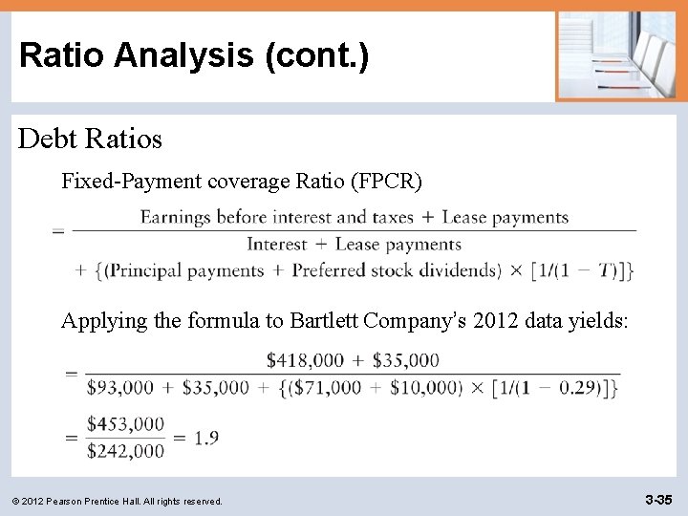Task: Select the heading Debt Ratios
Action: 91,139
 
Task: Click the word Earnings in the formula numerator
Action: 176,218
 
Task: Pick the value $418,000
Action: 305,360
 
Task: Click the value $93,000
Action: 119,388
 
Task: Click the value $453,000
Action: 125,424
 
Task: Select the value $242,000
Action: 125,451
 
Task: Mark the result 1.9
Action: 205,438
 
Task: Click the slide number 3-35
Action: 659,499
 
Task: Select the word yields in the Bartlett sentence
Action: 598,320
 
